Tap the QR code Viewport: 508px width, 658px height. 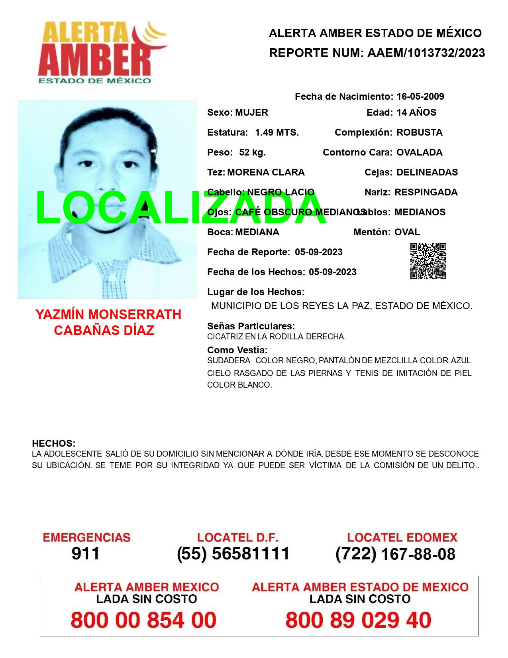(428, 261)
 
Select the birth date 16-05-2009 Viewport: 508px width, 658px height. (420, 97)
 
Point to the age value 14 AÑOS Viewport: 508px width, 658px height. (416, 112)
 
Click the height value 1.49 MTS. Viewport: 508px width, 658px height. (277, 132)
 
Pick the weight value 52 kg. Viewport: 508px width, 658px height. (252, 152)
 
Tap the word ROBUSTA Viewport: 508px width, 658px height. (419, 132)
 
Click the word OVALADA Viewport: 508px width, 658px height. (419, 152)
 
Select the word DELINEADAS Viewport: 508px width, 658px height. (427, 172)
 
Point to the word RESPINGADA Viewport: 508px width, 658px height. (426, 192)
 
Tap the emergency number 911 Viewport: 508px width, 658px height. (86, 554)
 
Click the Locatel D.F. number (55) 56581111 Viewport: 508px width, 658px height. (233, 554)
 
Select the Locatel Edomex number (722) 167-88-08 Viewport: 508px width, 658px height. (395, 554)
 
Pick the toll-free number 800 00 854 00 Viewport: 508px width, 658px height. (143, 620)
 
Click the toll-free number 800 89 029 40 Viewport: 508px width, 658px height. (358, 620)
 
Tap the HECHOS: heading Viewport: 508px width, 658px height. (53, 443)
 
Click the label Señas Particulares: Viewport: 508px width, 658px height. (251, 326)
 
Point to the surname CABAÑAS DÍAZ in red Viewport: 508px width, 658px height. (104, 331)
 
